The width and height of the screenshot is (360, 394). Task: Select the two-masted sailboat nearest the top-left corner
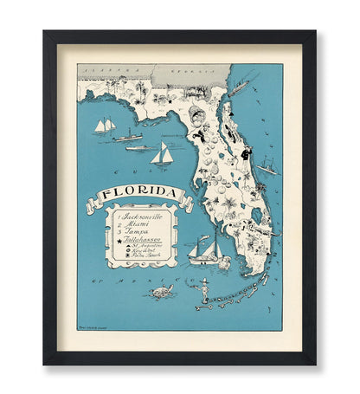(105, 126)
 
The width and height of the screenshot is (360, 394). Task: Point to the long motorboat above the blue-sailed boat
(138, 146)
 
